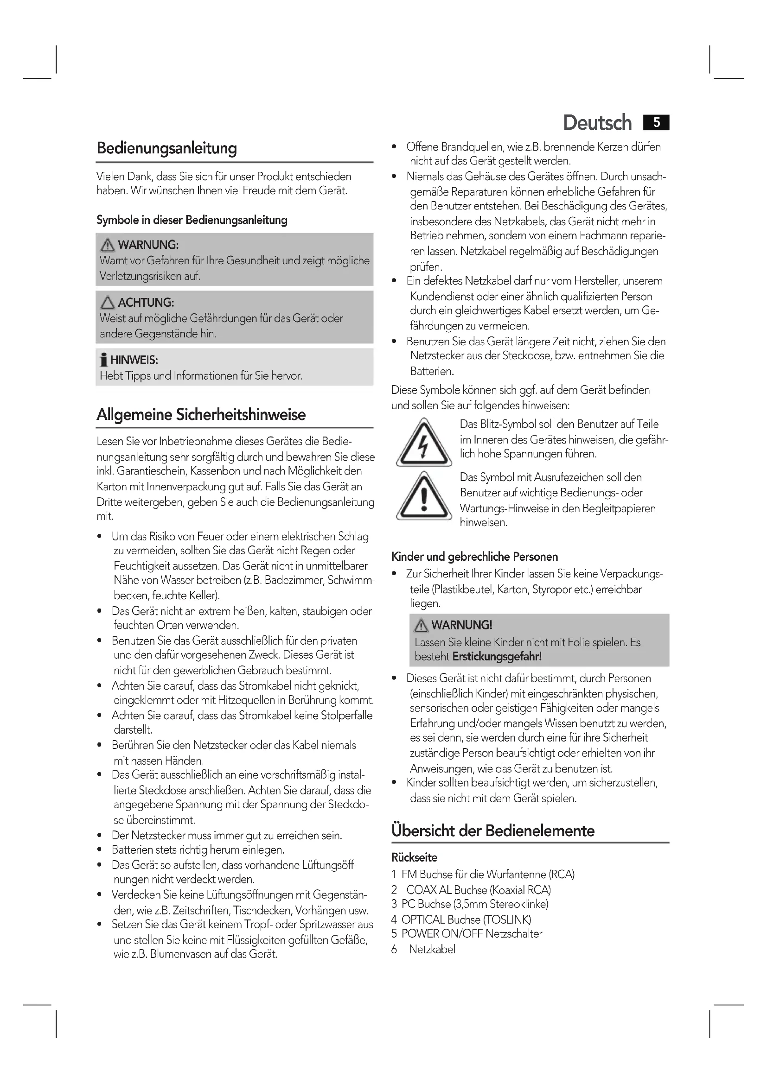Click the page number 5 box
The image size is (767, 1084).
[656, 123]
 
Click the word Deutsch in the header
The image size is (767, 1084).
[597, 123]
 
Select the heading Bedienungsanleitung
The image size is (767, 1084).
[167, 148]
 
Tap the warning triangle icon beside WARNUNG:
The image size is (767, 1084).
[108, 245]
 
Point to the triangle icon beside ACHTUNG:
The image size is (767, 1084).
[108, 303]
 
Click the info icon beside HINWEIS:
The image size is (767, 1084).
[103, 360]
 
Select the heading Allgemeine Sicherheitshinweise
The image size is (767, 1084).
[201, 414]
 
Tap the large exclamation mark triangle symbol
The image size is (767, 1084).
[424, 496]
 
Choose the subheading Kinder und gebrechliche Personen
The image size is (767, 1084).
[474, 557]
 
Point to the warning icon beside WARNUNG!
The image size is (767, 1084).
[420, 626]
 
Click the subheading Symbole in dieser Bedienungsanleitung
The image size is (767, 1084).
[192, 220]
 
